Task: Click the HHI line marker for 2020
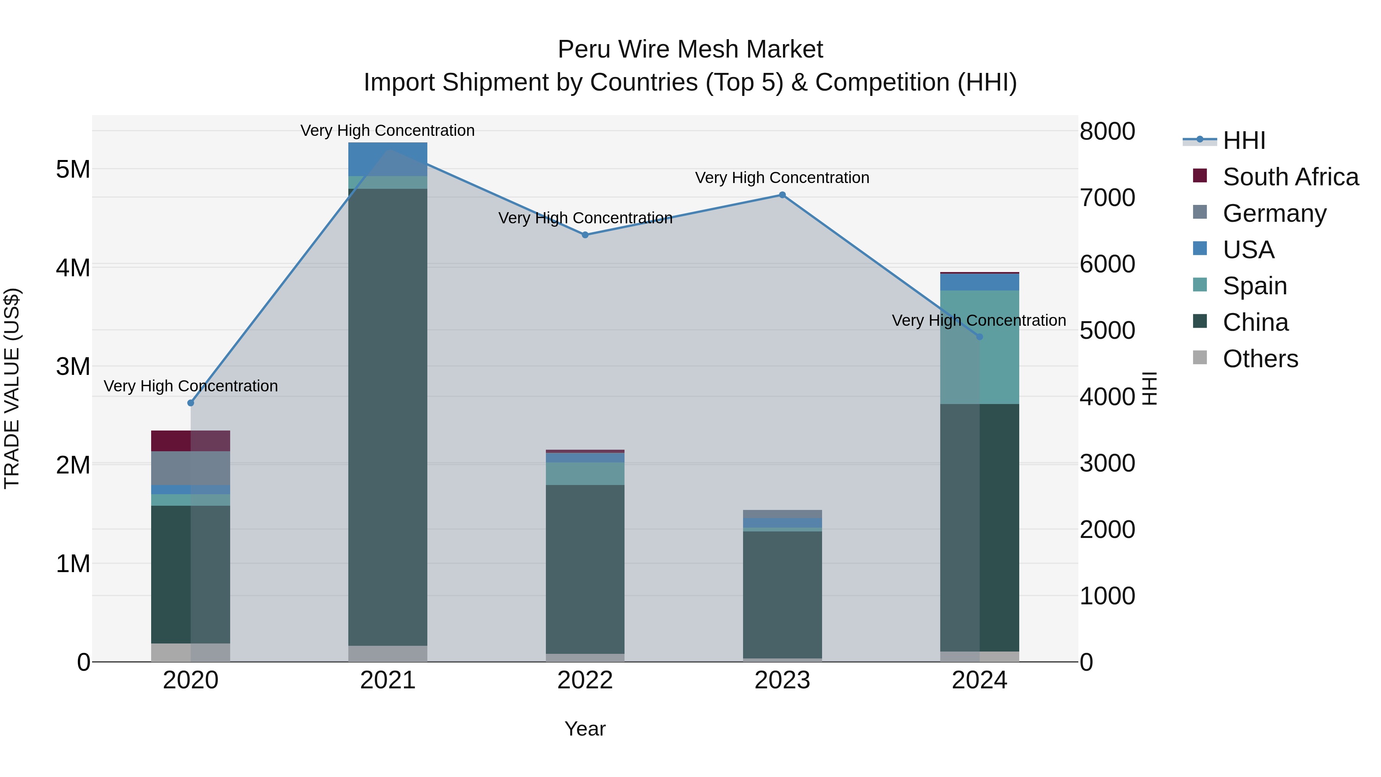coord(191,403)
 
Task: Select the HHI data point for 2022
coord(585,235)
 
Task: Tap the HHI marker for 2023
coord(782,195)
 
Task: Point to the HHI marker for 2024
coord(979,337)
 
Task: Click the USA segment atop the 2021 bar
coord(387,159)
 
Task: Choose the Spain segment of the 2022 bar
coord(585,473)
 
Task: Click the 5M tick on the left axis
coord(73,170)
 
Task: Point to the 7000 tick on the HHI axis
coord(1107,198)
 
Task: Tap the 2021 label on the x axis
coord(387,680)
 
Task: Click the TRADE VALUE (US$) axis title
coord(12,388)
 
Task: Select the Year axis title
coord(585,729)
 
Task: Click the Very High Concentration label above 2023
coord(782,178)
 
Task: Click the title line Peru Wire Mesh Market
coord(690,49)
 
